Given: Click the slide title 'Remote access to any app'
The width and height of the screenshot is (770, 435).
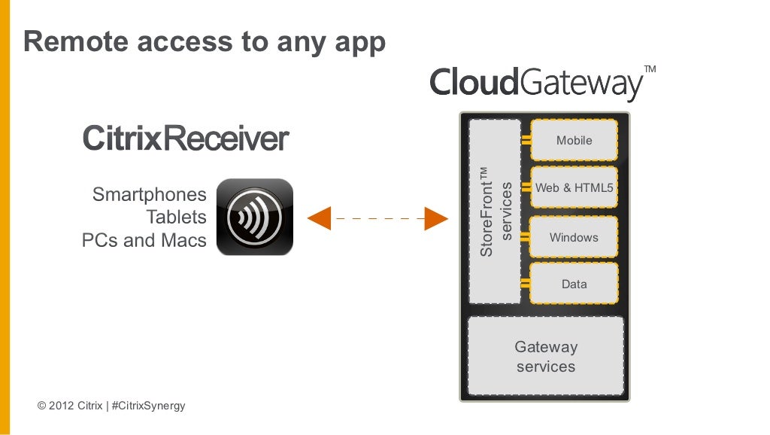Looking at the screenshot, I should click(x=205, y=42).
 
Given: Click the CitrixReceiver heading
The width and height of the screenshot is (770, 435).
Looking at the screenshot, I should click(x=185, y=139).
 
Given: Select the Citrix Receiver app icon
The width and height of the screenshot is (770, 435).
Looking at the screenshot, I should click(x=254, y=217).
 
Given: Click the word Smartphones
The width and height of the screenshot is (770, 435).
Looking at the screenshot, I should click(x=149, y=195).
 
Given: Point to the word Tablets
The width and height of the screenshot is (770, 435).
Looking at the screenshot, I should click(x=176, y=217).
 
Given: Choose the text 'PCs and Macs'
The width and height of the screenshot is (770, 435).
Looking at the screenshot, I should click(x=144, y=241).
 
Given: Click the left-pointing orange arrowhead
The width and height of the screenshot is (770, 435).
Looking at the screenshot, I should click(x=320, y=218).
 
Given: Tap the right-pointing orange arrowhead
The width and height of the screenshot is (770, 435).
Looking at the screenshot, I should click(x=436, y=218).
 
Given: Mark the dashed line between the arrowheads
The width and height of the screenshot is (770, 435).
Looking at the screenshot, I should click(x=377, y=218).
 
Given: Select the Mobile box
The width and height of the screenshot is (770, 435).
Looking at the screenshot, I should click(x=574, y=141).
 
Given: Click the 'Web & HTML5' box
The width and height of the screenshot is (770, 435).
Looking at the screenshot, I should click(x=574, y=188).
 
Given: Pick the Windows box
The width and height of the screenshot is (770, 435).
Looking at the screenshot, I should click(x=574, y=238).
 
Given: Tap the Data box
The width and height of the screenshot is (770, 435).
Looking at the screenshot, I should click(x=574, y=284).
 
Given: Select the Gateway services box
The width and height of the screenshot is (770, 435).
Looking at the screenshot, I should click(x=546, y=357).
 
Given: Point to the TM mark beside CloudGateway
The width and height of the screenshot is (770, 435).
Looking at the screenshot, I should click(x=650, y=69).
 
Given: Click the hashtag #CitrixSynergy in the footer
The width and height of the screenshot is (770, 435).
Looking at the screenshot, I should click(x=147, y=406).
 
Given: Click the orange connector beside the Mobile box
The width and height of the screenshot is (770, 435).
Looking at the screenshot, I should click(x=526, y=141).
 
